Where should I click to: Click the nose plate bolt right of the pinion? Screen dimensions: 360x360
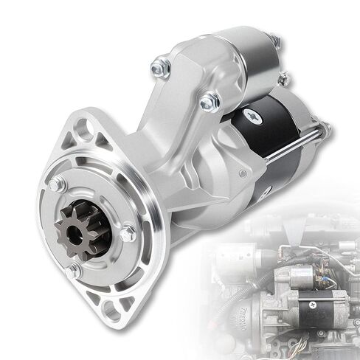[x=128, y=234]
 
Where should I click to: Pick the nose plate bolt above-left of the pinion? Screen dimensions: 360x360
[x=57, y=184]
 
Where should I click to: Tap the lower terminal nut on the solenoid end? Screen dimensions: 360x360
[x=283, y=76]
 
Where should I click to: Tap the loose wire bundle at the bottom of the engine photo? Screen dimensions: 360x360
[x=299, y=343]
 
